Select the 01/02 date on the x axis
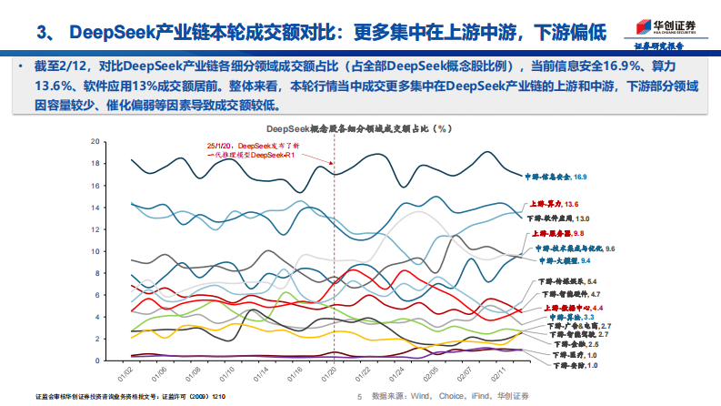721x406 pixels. (x=127, y=374)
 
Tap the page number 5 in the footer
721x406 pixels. (x=360, y=397)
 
